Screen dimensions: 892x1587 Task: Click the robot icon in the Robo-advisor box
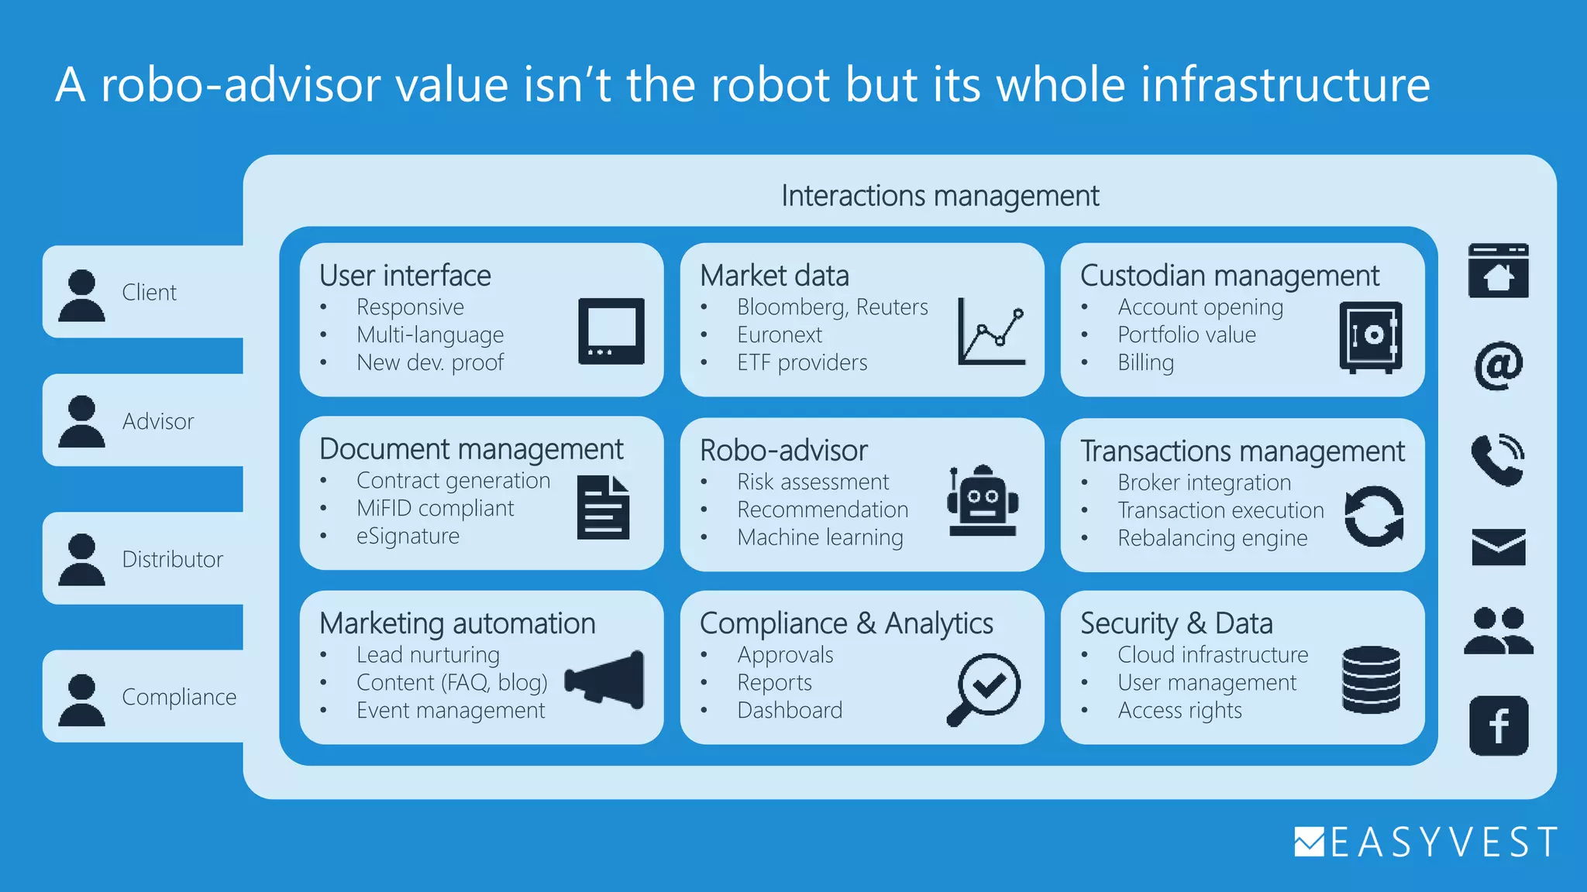point(983,501)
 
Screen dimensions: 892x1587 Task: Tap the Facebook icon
point(1499,726)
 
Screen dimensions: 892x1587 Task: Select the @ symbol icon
point(1499,365)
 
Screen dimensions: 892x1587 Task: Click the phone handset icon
point(1497,459)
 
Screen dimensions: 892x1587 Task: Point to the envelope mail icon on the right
point(1499,547)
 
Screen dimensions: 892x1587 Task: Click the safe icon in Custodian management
point(1371,337)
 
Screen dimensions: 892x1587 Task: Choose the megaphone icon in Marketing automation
point(605,679)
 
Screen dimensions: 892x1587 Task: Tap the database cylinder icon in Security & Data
point(1371,679)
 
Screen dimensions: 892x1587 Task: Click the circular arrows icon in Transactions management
point(1374,516)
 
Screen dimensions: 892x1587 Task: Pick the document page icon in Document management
point(603,507)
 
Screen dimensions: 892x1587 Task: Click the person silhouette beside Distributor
point(81,559)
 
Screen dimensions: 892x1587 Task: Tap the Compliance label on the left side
point(179,697)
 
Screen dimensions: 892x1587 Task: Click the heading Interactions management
point(939,196)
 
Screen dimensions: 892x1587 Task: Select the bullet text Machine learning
point(820,537)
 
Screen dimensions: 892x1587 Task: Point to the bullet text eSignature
point(408,536)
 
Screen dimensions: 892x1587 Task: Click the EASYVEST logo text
point(1443,842)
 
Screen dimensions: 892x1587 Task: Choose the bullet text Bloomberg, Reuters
point(832,307)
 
